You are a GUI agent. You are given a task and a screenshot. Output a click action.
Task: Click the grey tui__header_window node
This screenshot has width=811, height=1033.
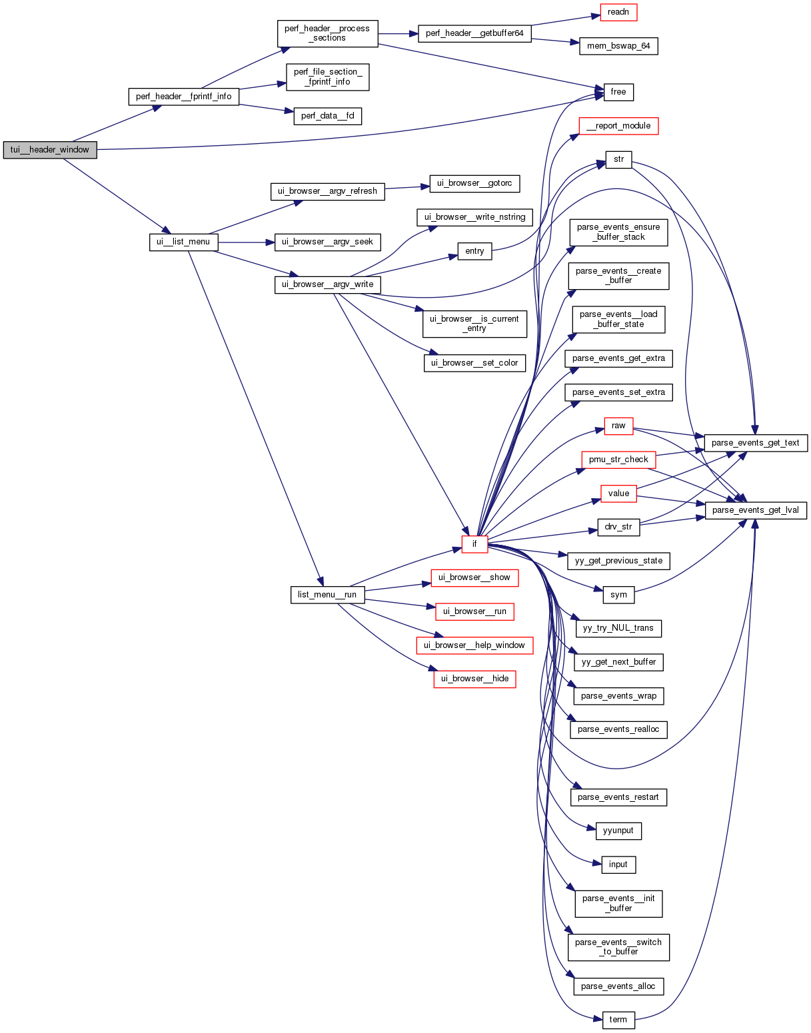(50, 150)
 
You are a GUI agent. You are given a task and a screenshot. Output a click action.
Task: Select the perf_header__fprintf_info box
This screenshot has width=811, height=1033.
(183, 97)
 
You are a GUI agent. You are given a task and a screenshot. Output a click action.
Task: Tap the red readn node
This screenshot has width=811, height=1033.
(618, 12)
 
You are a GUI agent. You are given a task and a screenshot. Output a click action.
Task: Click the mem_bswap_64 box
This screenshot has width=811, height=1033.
(618, 46)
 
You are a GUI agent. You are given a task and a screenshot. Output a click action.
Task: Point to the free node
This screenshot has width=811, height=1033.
(618, 92)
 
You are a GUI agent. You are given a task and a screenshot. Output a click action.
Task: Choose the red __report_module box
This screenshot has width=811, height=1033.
(618, 126)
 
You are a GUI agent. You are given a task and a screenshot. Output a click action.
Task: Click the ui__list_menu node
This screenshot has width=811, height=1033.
(183, 242)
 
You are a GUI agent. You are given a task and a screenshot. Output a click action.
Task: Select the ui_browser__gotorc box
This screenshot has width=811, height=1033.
(474, 183)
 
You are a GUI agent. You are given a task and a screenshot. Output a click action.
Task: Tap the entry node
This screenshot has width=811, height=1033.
(474, 251)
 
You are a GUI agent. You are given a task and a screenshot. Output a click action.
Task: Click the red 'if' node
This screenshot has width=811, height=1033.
(474, 544)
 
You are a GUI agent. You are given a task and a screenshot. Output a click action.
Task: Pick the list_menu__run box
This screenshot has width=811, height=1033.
(327, 595)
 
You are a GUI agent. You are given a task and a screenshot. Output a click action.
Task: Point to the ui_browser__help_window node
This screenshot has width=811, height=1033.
(474, 645)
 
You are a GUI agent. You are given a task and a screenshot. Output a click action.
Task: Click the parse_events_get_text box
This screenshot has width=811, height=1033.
(756, 443)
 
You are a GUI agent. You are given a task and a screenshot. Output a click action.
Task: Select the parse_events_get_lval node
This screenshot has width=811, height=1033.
(756, 510)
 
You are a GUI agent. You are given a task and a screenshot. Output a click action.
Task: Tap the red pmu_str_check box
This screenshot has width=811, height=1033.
(618, 460)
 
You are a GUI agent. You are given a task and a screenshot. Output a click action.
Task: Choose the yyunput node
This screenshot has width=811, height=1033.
(618, 831)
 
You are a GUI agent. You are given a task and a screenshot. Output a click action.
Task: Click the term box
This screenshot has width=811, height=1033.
(618, 1020)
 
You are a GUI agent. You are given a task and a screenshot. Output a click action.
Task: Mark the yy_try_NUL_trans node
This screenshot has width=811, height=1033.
(618, 628)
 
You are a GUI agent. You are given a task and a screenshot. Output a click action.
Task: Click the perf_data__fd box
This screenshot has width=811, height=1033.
(327, 116)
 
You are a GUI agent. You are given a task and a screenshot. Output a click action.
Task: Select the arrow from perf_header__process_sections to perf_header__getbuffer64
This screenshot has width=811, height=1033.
(398, 33)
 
